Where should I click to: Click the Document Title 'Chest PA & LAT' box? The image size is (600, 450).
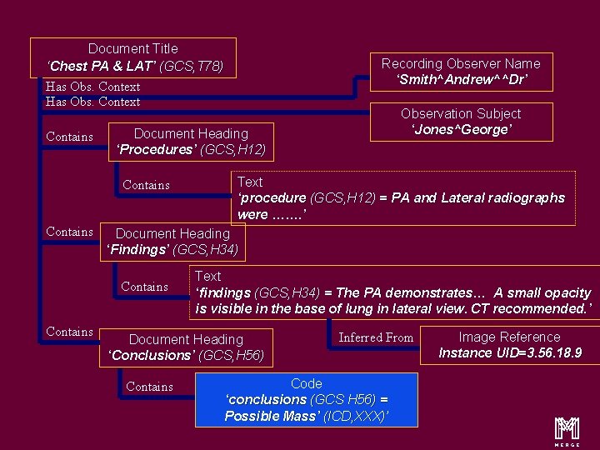coord(133,57)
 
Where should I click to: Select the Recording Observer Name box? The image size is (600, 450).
coord(461,72)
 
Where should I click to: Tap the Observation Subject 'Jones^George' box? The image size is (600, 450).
coord(461,122)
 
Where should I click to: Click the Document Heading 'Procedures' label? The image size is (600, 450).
coord(191,142)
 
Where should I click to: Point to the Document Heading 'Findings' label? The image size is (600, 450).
coord(172,242)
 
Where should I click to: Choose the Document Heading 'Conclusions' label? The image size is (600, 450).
coord(186,347)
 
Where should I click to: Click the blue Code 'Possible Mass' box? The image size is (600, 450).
coord(306,399)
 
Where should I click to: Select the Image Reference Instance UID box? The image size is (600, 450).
coord(510,345)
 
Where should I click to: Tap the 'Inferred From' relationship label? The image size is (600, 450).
coord(376,337)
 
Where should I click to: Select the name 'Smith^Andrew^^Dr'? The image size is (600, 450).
coord(462,80)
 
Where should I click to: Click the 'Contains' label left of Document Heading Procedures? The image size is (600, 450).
coord(69,137)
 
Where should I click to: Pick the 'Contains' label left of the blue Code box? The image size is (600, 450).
coord(149,387)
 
